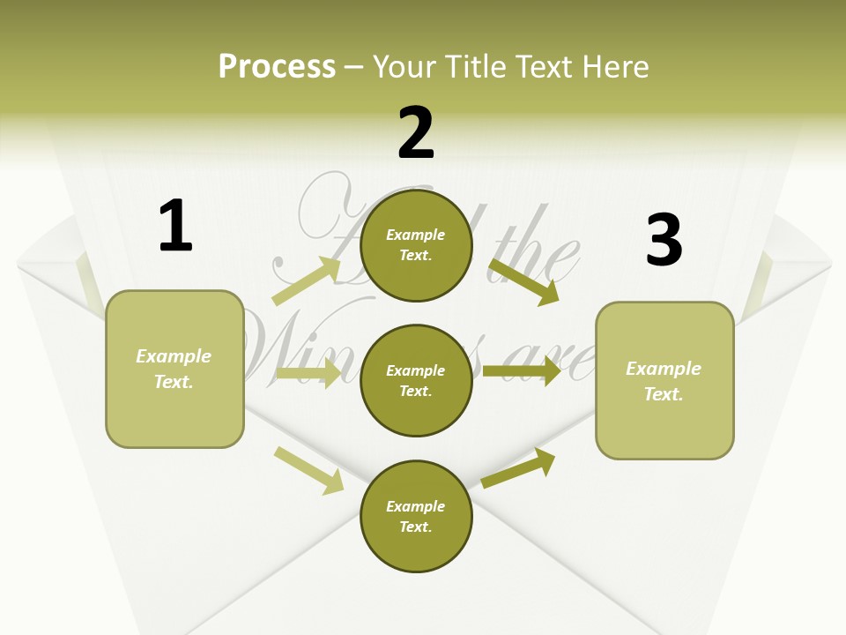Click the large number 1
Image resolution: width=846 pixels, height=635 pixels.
point(175,226)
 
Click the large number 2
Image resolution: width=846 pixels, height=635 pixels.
point(416,133)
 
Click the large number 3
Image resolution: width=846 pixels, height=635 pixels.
point(664,241)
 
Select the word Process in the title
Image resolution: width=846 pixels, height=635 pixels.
point(277,66)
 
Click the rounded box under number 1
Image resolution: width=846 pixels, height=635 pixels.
point(174,369)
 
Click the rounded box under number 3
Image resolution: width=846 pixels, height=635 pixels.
point(664,380)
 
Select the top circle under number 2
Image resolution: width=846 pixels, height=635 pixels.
point(416,246)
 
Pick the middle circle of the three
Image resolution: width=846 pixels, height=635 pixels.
point(416,380)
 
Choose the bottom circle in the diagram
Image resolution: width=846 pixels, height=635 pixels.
point(416,516)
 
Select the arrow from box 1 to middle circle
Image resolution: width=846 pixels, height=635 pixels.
point(308,373)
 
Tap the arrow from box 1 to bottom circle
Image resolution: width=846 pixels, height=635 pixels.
point(308,470)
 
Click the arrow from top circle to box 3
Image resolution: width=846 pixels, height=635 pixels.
point(523,281)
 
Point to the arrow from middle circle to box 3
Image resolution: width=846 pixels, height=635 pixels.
point(521,371)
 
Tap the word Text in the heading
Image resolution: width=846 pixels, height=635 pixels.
point(543,66)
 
